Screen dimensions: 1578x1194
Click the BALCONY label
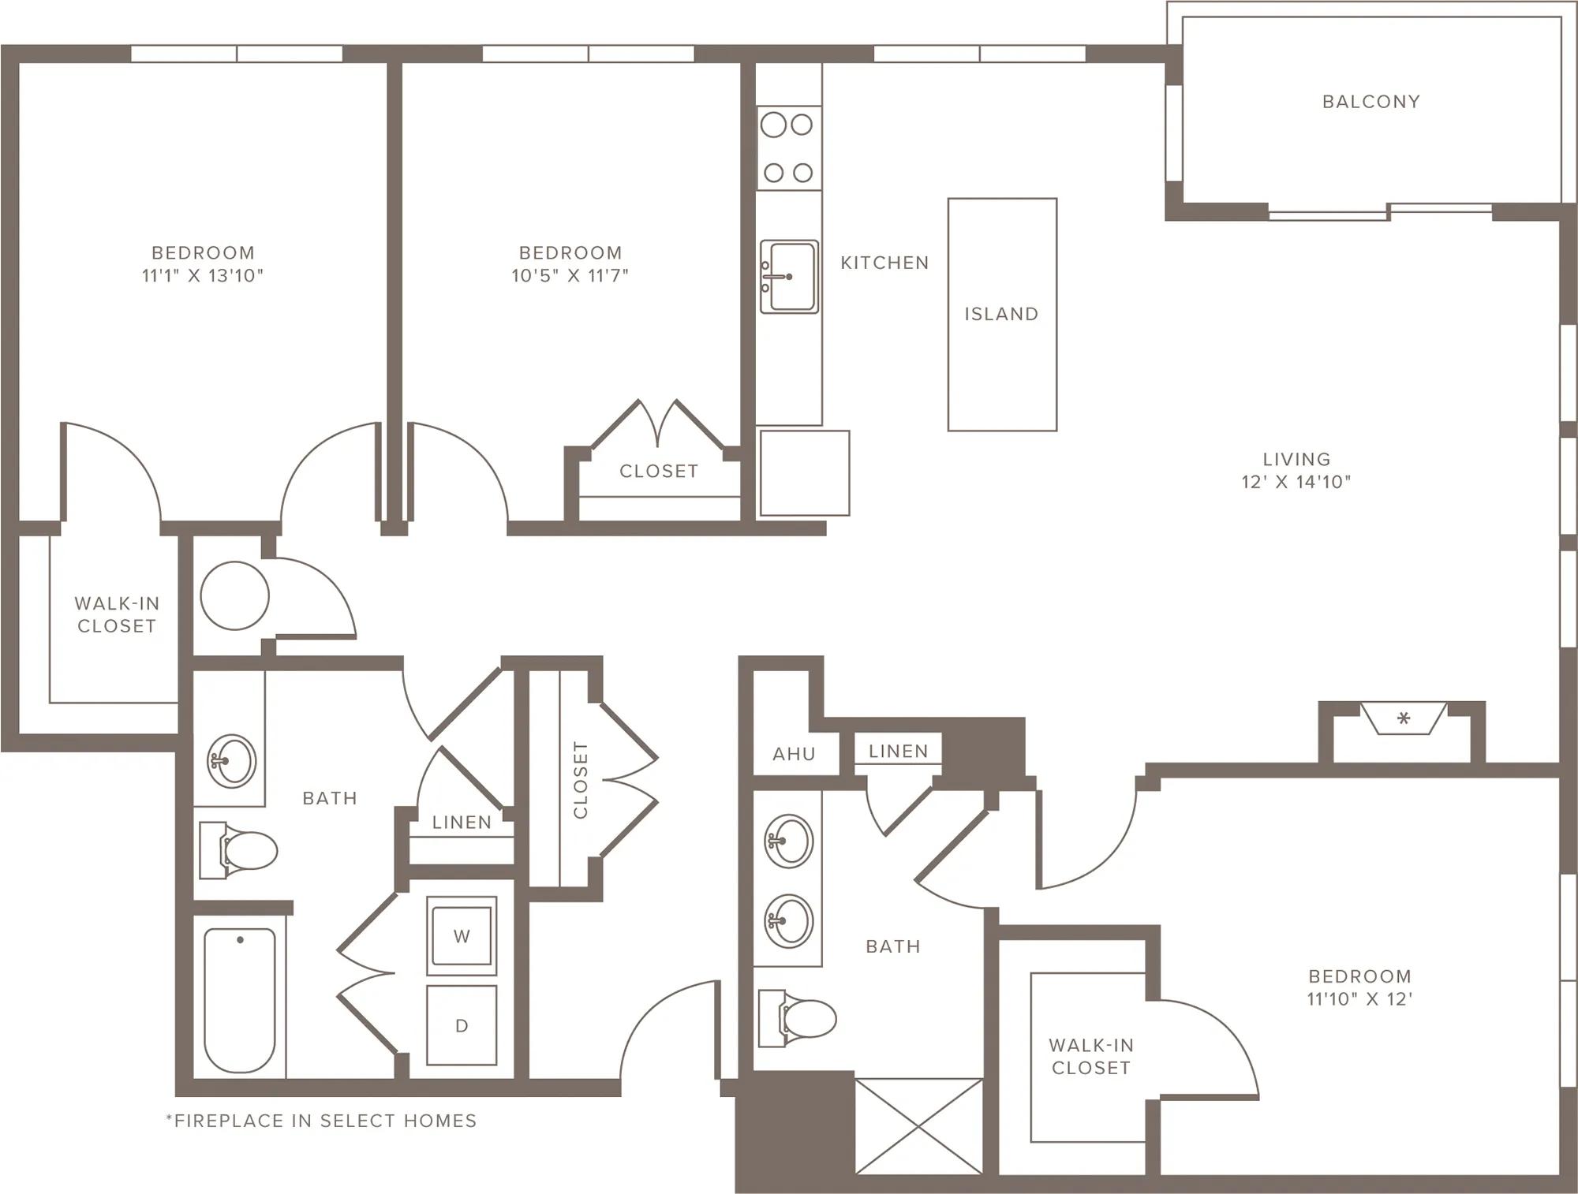(1370, 102)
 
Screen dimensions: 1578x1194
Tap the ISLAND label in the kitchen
(1001, 314)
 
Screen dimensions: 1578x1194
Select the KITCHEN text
(884, 263)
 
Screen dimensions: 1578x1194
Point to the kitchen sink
(789, 277)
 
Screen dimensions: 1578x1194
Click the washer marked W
(462, 936)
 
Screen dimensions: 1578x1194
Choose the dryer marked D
(462, 1025)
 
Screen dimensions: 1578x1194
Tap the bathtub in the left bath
(240, 1000)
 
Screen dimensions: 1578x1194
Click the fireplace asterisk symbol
(1403, 718)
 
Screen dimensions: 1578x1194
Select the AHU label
(794, 754)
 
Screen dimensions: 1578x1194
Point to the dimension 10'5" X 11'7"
(570, 275)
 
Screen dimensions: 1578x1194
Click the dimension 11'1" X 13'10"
(203, 275)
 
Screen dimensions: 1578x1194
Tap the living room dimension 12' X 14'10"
(1296, 482)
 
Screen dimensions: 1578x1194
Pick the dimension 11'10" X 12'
(1359, 998)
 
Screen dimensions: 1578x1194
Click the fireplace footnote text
(321, 1121)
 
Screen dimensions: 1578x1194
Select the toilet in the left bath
(237, 851)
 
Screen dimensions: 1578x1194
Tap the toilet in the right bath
(796, 1018)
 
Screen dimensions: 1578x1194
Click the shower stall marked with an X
(919, 1126)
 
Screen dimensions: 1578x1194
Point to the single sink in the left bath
(231, 761)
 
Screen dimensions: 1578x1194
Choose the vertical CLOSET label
(581, 780)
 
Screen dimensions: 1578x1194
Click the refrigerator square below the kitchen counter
(805, 473)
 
